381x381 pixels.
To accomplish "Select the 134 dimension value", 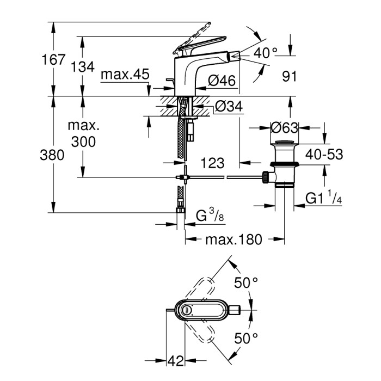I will pos(83,67).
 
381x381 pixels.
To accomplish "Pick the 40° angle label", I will pos(266,53).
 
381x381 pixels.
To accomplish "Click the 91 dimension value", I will pos(289,76).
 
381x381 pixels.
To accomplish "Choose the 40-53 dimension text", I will pos(323,155).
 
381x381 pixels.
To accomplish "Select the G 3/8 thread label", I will pos(210,217).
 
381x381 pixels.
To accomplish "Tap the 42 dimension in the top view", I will pos(174,360).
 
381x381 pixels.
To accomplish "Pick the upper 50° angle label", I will pos(245,283).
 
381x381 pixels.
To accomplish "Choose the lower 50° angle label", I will pos(245,339).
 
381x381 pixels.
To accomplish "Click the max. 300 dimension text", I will pos(82,134).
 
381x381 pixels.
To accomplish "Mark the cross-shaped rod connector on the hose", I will pos(185,177).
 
